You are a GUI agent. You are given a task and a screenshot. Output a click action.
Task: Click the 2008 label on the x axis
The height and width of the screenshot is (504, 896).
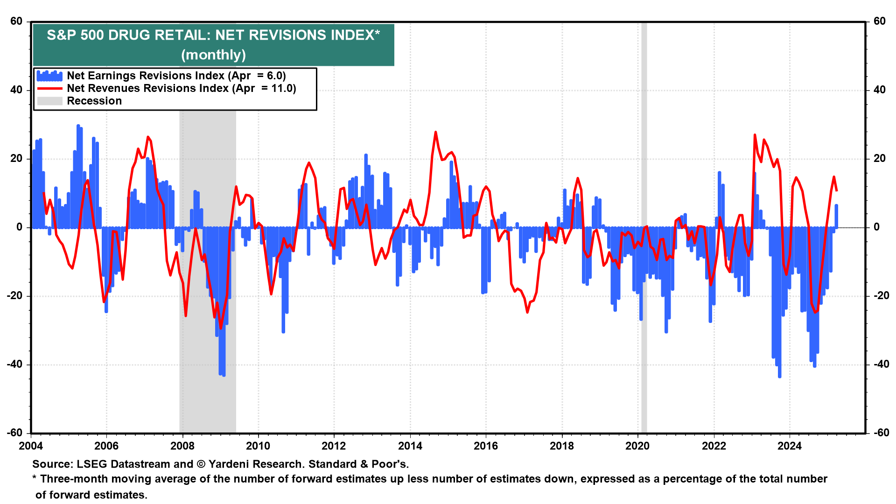pos(182,446)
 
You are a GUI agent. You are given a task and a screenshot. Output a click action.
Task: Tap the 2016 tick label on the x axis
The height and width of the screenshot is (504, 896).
pos(486,446)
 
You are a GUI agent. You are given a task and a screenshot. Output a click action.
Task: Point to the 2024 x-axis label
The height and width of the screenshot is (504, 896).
pos(789,446)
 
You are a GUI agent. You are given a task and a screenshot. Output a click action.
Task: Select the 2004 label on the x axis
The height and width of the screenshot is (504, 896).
pos(31,446)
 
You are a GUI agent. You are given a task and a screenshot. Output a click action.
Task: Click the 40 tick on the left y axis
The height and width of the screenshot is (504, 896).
pos(16,90)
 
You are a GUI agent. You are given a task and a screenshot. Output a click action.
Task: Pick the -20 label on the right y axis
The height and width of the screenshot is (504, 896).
pos(880,296)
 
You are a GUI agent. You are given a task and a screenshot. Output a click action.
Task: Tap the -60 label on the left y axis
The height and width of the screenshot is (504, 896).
pos(15,433)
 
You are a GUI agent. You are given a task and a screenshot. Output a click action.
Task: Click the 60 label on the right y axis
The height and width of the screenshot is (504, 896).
pos(880,21)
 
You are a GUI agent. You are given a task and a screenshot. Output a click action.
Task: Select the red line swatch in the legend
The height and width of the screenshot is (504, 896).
pos(49,89)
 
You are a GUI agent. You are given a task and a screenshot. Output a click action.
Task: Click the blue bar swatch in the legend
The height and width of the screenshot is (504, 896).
pos(49,76)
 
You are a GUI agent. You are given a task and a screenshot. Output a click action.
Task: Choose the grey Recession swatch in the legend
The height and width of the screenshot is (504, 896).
pos(49,101)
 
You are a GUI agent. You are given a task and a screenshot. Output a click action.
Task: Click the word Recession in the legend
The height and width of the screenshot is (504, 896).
pos(94,101)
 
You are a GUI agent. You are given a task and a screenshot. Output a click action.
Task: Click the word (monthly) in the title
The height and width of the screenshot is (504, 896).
pos(213,55)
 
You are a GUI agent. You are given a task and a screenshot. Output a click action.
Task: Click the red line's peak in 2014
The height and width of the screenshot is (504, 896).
pos(435,132)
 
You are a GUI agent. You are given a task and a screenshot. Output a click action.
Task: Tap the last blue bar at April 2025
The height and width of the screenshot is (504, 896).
pos(836,216)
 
